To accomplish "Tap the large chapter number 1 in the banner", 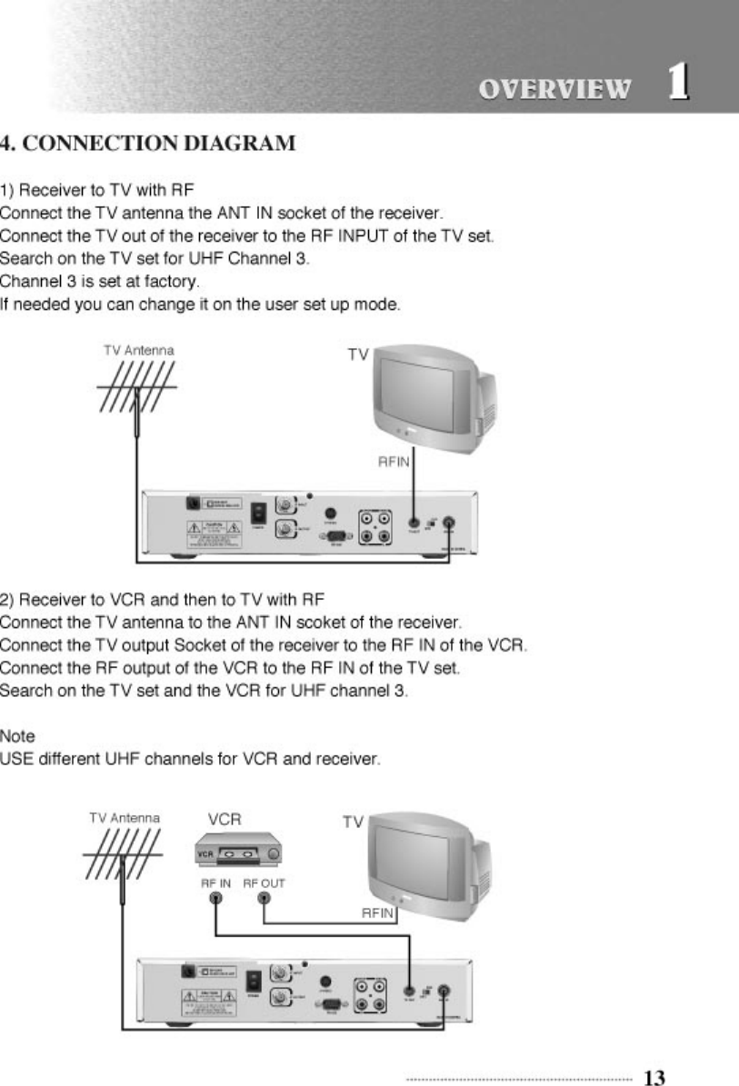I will point(676,83).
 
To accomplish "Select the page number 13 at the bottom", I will point(654,1078).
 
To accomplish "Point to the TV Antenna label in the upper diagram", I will point(139,349).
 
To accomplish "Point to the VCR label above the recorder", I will point(225,819).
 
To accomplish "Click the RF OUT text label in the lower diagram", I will point(264,882).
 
